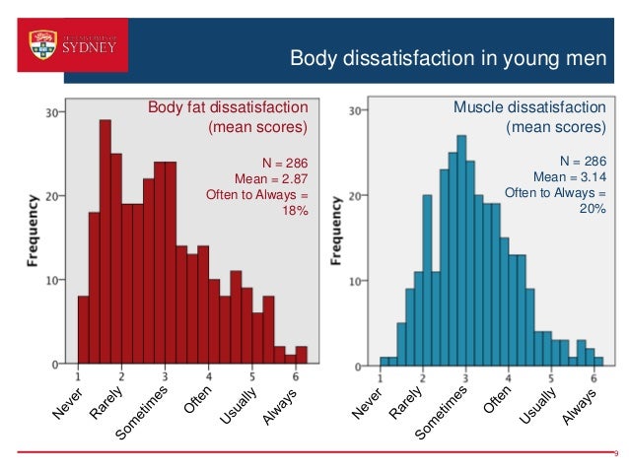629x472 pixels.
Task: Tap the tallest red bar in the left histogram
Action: pos(105,241)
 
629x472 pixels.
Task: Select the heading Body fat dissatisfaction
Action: pos(228,107)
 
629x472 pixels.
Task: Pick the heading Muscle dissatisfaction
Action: pos(529,107)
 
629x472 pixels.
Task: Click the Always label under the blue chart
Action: pos(579,407)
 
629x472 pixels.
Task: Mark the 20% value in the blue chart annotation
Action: pos(593,208)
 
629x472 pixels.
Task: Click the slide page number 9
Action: pos(614,454)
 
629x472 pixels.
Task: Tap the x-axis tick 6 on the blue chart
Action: pos(593,376)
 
